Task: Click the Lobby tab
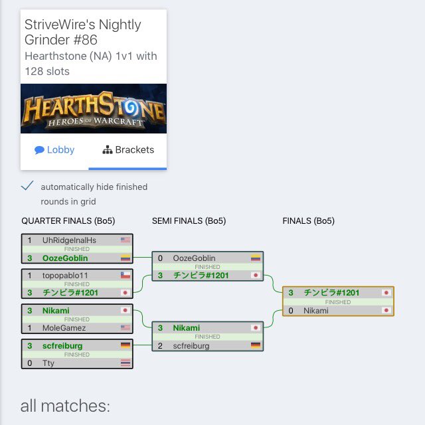click(54, 150)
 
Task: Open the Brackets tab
click(128, 150)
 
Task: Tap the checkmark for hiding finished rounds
click(27, 186)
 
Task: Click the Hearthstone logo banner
click(94, 108)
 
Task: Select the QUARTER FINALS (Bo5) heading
click(68, 221)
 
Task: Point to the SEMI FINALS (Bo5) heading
click(189, 221)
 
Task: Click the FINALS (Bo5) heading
click(308, 221)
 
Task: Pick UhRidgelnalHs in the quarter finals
click(69, 240)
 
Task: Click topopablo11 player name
click(65, 276)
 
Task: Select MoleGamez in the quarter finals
click(64, 328)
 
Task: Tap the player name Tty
click(48, 363)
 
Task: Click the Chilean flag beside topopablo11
click(126, 276)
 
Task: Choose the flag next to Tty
click(126, 363)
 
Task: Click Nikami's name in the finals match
click(316, 311)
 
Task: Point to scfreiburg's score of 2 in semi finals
click(160, 346)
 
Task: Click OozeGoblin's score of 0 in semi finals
click(160, 258)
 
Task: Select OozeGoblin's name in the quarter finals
click(65, 258)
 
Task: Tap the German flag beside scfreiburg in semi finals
click(256, 345)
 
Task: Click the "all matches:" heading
click(65, 406)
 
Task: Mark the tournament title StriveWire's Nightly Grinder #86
click(82, 32)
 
